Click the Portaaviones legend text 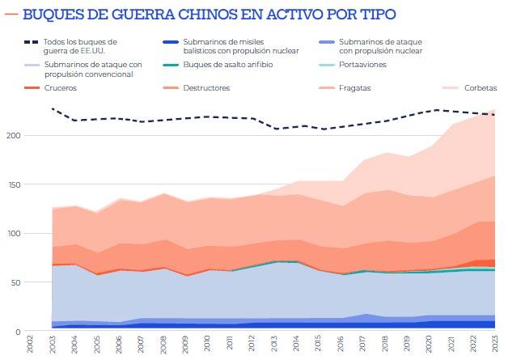363,64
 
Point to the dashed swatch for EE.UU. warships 31,41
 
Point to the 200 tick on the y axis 12,135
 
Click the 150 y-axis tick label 12,184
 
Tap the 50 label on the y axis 15,282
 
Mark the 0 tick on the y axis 17,332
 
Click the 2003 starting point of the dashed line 52,108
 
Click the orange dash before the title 11,15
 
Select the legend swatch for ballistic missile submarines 170,41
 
